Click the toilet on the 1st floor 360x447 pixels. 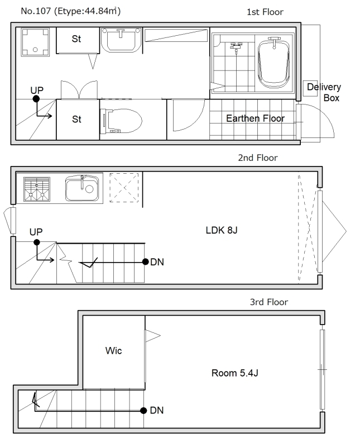[121, 121]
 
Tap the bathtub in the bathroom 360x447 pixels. [273, 63]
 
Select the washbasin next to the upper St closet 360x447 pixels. [121, 40]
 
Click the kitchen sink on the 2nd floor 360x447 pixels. [82, 188]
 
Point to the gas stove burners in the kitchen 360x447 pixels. [37, 189]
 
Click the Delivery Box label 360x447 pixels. [324, 92]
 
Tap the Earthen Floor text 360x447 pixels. [255, 118]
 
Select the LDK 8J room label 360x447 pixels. [222, 230]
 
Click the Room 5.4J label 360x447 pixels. [234, 373]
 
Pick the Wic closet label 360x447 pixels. [113, 350]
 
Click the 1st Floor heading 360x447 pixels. [265, 12]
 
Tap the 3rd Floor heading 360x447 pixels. [269, 302]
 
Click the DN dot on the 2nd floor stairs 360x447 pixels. [146, 261]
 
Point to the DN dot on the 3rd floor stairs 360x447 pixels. [143, 411]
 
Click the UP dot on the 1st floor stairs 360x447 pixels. [36, 99]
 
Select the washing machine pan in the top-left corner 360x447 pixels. [35, 42]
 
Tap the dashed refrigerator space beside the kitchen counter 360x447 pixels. [124, 188]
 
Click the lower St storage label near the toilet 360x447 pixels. [76, 119]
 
